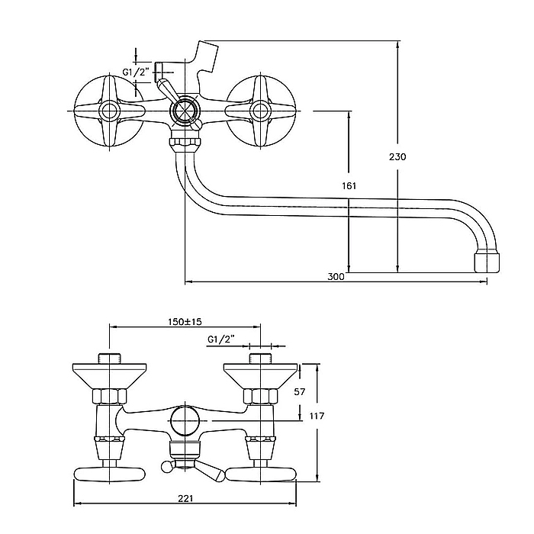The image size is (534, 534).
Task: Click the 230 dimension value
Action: [x=397, y=156]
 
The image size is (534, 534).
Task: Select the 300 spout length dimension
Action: [x=336, y=277]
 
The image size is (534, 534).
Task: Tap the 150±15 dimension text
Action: [x=185, y=323]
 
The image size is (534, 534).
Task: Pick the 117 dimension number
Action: [x=317, y=416]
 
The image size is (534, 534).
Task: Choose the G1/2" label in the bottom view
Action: [x=220, y=339]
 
